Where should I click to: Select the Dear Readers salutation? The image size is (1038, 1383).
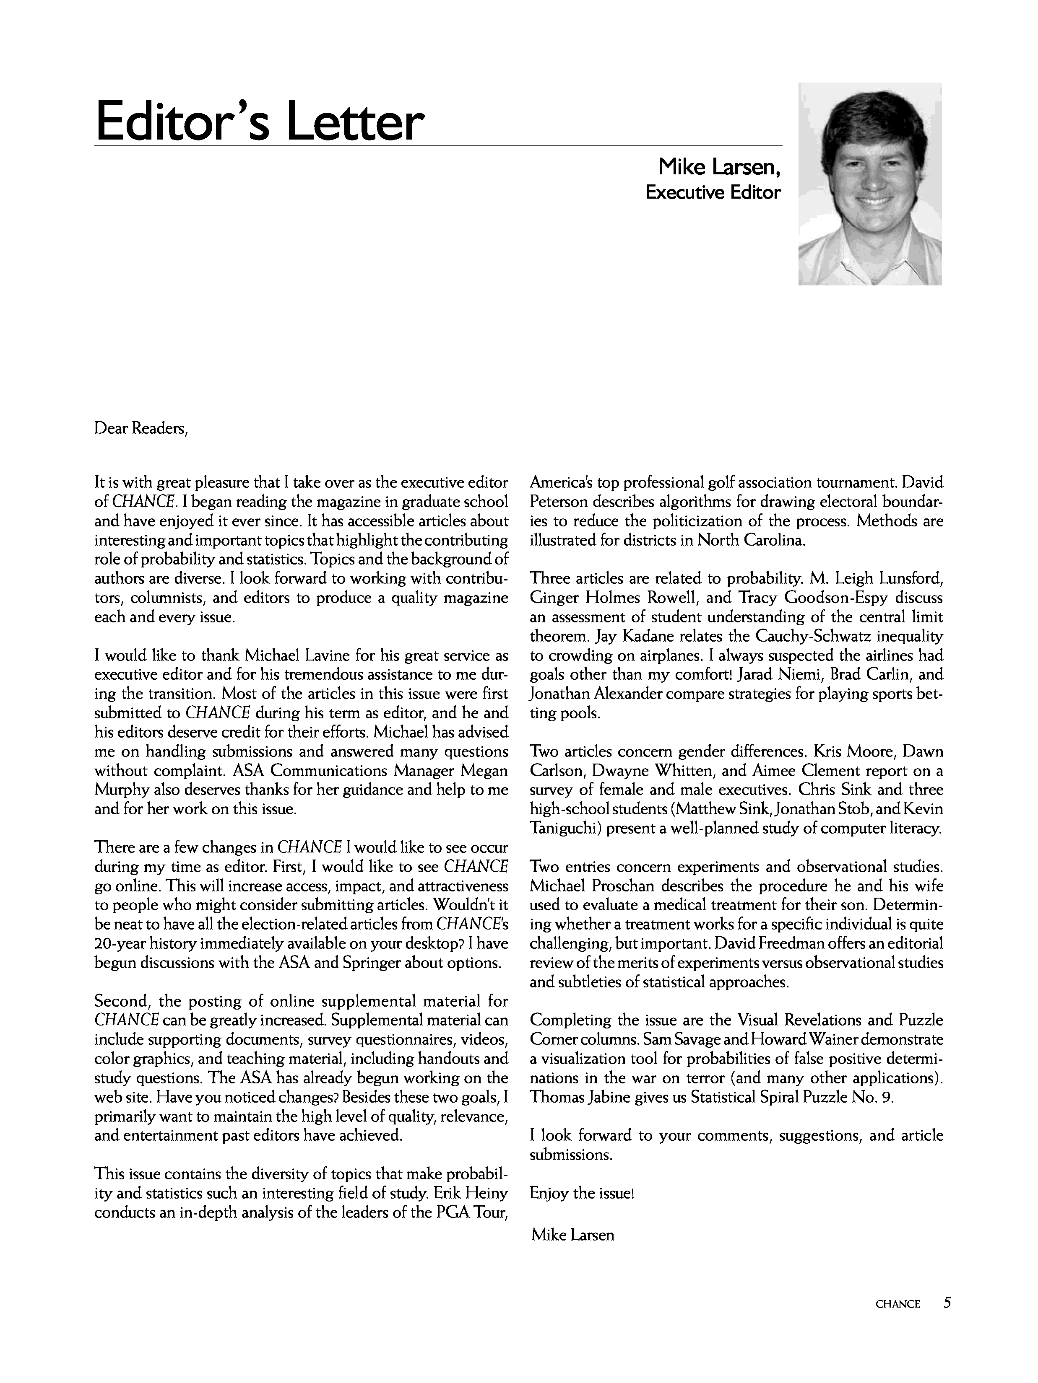coord(141,429)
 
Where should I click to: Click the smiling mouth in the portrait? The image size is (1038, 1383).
coord(874,202)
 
